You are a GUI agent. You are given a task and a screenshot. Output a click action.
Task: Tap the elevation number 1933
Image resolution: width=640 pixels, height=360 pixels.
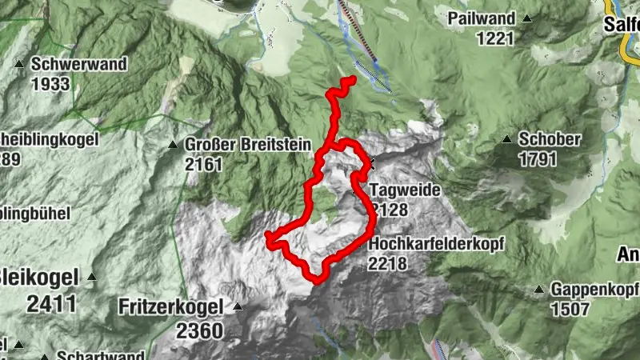pyautogui.click(x=49, y=82)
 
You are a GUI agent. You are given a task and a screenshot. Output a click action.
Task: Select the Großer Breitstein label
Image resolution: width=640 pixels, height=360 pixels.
pyautogui.click(x=238, y=146)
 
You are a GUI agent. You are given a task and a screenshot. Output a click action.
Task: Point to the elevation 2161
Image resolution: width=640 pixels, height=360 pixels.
pyautogui.click(x=202, y=165)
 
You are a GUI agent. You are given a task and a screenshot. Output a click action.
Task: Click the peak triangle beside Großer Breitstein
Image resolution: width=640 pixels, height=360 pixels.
pyautogui.click(x=172, y=146)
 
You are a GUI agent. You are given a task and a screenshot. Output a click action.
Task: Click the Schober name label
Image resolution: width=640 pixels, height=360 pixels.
pyautogui.click(x=549, y=140)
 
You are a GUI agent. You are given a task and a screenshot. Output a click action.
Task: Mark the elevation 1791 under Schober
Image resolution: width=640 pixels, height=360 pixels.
pyautogui.click(x=538, y=159)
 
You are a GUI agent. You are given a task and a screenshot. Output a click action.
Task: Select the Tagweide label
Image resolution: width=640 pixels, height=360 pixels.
pyautogui.click(x=399, y=191)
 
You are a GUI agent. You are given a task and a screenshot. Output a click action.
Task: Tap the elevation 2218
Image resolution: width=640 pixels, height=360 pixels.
pyautogui.click(x=388, y=263)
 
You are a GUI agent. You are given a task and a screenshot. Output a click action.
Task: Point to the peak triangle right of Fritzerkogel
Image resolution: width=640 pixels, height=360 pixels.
pyautogui.click(x=238, y=306)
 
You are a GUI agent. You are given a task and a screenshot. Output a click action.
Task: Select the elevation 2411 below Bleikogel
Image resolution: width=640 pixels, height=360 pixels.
pyautogui.click(x=51, y=303)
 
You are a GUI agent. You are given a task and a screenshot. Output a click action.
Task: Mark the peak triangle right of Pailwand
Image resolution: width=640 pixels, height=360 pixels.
pyautogui.click(x=527, y=18)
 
